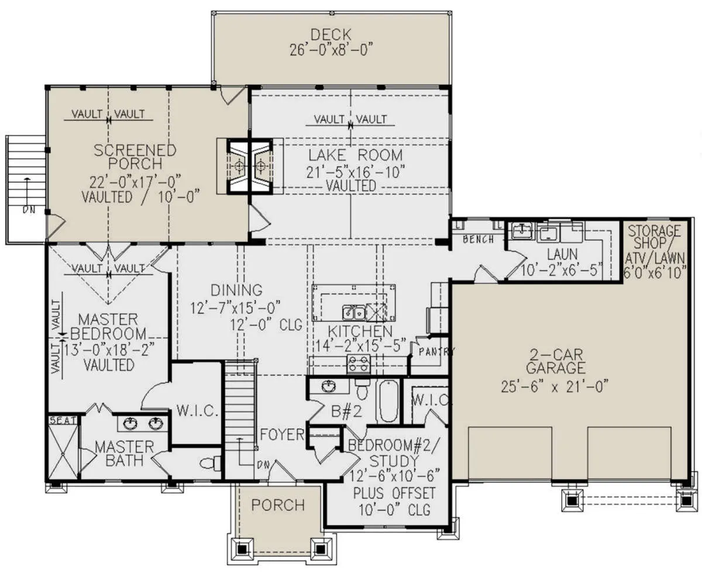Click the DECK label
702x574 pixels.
point(331,34)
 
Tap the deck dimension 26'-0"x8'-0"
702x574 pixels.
point(331,50)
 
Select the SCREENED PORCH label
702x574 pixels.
point(135,157)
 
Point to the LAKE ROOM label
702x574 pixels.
point(356,155)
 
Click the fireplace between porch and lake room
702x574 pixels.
point(250,166)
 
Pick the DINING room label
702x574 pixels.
point(237,291)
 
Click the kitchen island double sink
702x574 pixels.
point(354,313)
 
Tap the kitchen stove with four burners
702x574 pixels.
point(359,363)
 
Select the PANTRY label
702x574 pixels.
point(436,351)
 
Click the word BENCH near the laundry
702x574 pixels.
point(479,239)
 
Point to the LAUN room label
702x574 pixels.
point(562,254)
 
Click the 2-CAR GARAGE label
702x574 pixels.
point(556,361)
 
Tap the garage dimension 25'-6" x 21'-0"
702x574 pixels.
point(555,387)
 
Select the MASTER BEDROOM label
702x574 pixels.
point(108,326)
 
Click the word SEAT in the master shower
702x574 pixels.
point(63,421)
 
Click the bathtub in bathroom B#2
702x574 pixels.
point(387,402)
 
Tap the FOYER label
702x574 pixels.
point(283,434)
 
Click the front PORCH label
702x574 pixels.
point(278,505)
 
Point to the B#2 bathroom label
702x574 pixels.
point(346,412)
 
